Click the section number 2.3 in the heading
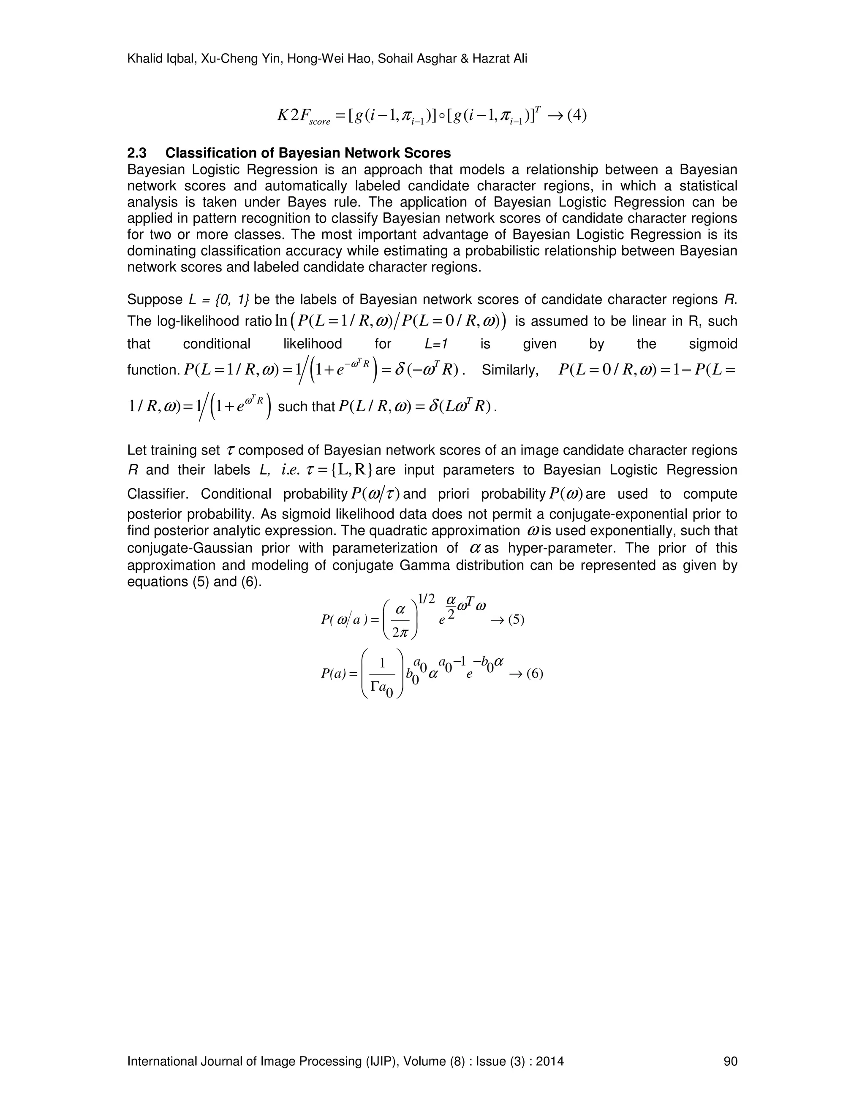coord(137,153)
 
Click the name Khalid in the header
coord(142,59)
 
